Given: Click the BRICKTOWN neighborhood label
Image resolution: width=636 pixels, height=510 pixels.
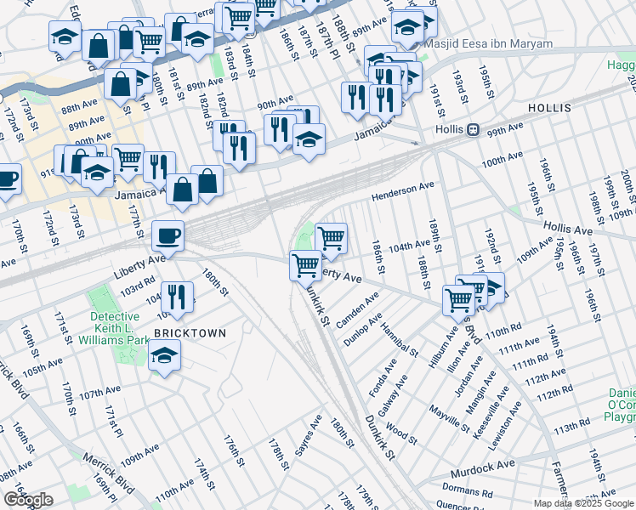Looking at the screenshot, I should point(190,333).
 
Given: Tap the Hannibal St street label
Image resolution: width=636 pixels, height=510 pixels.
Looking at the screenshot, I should point(400,338).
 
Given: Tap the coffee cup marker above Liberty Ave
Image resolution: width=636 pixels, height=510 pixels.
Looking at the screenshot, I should point(167,235).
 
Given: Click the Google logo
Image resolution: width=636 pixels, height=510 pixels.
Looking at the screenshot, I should point(28,500).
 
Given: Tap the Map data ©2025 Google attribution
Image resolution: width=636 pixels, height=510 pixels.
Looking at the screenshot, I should point(583,503).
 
